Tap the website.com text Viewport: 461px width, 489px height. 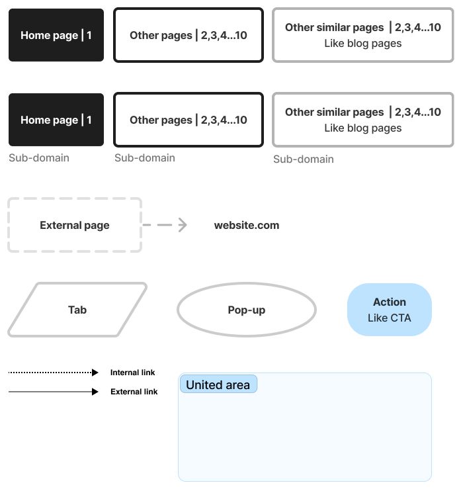point(247,225)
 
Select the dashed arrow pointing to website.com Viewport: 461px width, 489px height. point(165,224)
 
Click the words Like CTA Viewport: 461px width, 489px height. point(390,318)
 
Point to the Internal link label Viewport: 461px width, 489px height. point(132,373)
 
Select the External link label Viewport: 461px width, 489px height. point(134,392)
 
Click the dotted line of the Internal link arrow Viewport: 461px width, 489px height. point(50,373)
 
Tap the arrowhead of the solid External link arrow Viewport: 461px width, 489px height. point(95,392)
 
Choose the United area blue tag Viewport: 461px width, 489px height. point(218,384)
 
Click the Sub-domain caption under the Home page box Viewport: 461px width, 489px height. point(39,157)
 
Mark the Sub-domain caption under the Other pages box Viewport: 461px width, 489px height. point(145,157)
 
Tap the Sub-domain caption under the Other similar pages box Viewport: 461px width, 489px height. point(304,159)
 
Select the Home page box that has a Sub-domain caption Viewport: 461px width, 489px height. point(56,120)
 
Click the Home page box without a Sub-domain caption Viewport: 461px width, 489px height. point(56,35)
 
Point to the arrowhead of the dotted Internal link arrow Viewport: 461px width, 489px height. point(95,373)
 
